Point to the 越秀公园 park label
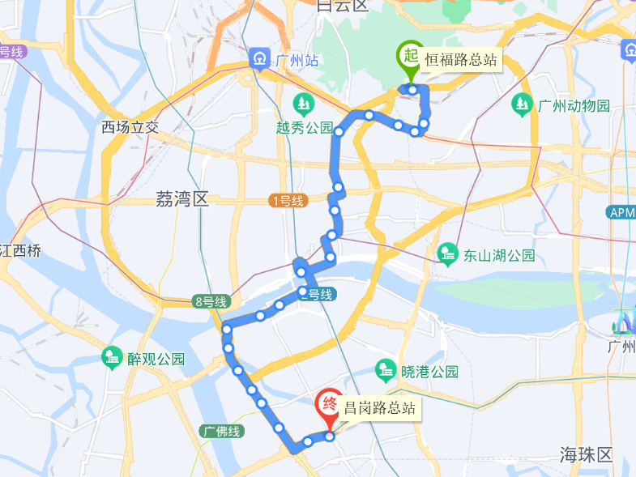(305, 128)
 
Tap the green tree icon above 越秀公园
(304, 104)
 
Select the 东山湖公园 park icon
(447, 255)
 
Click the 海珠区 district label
(588, 454)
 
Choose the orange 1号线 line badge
(288, 201)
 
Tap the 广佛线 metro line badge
(221, 432)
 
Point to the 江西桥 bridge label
(19, 250)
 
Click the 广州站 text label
(289, 60)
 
